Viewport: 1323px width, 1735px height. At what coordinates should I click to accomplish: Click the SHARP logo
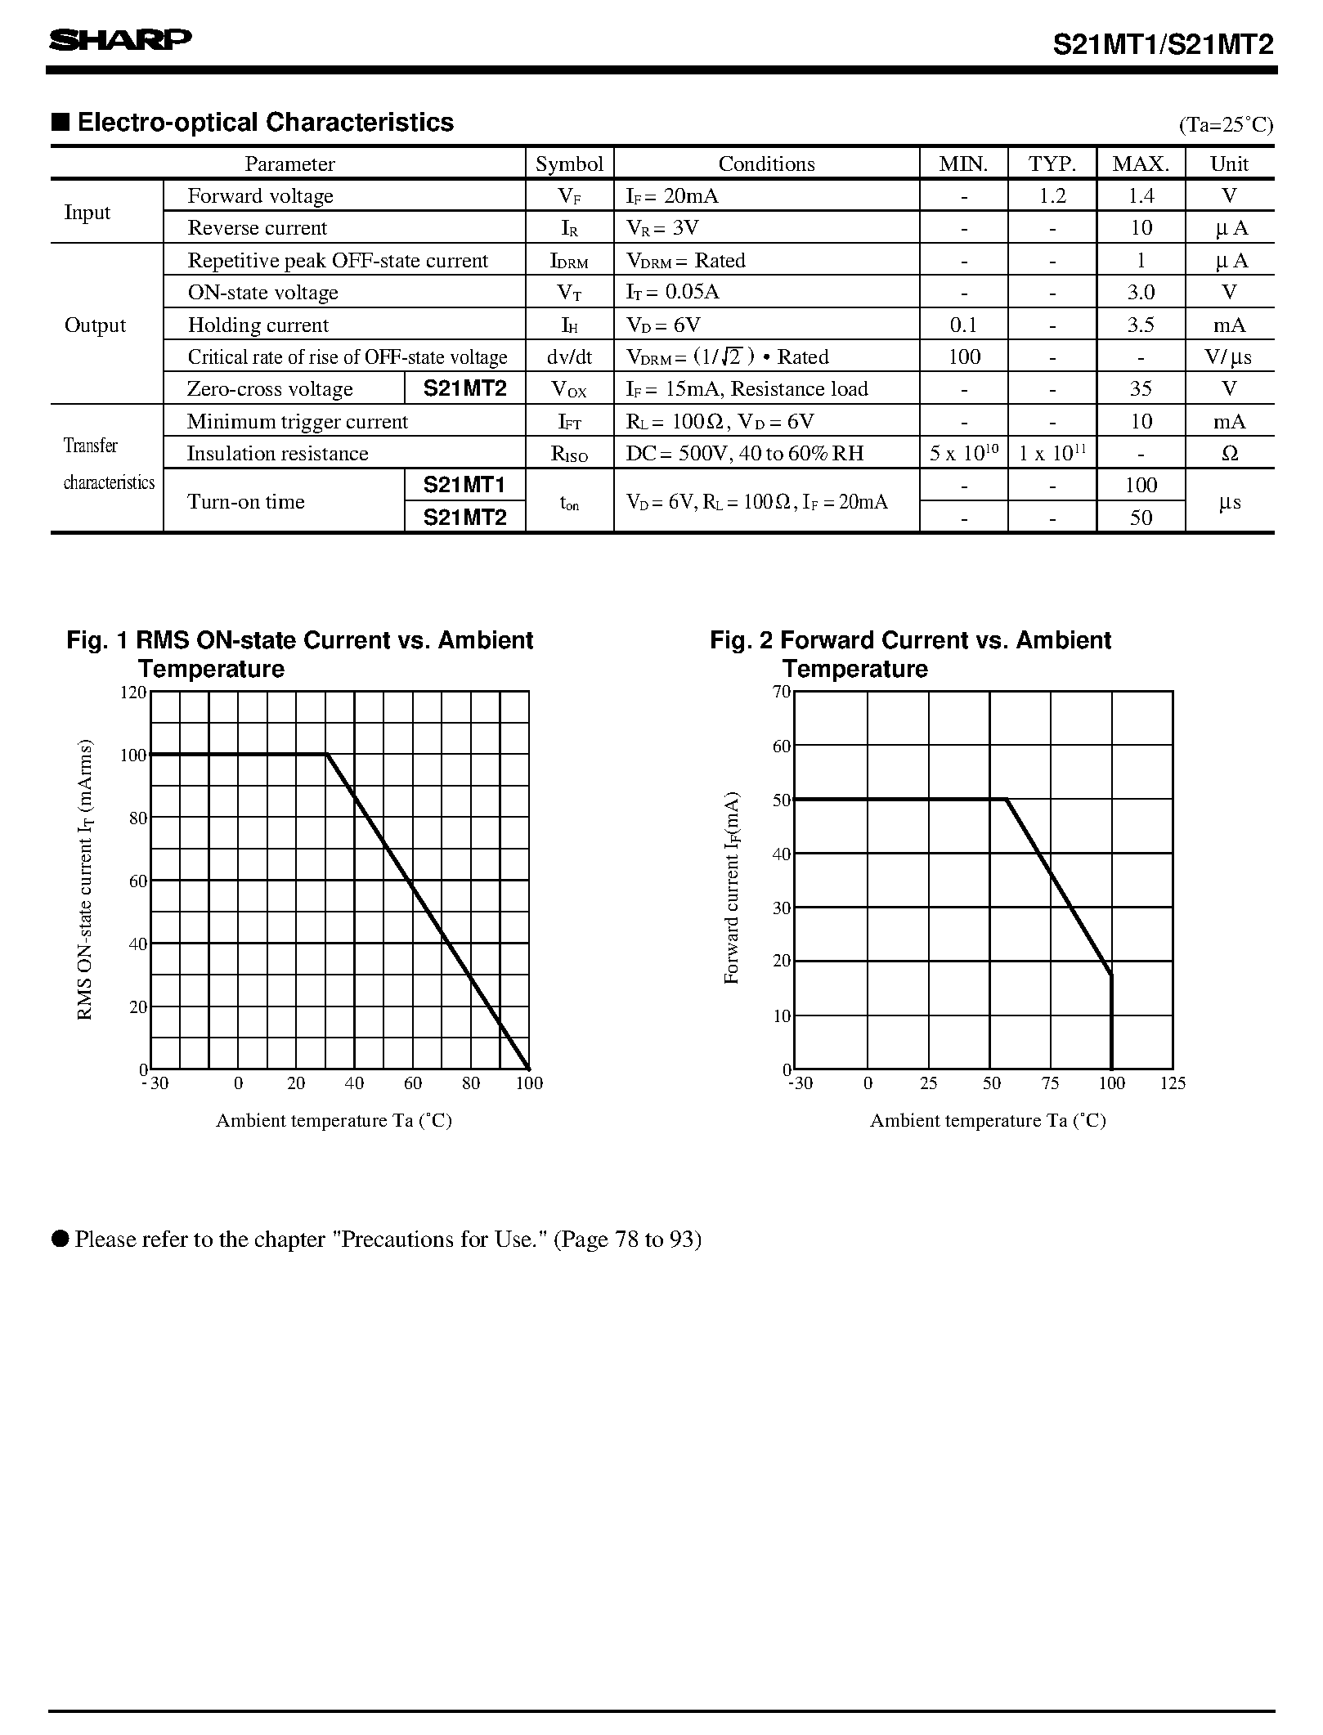pos(120,40)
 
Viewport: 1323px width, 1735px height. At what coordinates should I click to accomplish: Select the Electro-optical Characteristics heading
pos(264,123)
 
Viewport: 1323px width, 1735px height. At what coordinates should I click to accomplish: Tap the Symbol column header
pos(569,164)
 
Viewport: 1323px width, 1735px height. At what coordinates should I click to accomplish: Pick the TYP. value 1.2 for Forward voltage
pos(1052,196)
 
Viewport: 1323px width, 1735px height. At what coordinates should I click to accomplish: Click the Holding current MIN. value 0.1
pos(963,325)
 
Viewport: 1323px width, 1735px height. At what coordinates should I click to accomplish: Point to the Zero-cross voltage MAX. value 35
pos(1141,389)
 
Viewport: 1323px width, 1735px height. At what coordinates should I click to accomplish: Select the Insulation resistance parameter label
pos(277,454)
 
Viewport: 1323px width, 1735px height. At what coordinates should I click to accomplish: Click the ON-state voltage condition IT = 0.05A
pos(673,293)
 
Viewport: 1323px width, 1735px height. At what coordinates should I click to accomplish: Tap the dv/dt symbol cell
pos(569,357)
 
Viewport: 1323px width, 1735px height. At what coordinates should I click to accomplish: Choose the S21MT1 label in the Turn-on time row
pos(464,485)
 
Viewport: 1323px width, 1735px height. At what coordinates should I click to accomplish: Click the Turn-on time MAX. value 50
pos(1141,518)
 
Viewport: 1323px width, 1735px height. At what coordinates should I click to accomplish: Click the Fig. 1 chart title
pos(299,654)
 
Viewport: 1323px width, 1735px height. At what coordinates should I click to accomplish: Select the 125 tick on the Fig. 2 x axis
pos(1173,1083)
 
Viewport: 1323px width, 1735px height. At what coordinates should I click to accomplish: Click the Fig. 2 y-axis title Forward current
pos(732,887)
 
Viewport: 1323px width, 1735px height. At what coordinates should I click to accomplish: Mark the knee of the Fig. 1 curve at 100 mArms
pos(326,755)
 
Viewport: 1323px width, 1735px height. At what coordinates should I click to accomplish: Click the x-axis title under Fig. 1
pos(334,1121)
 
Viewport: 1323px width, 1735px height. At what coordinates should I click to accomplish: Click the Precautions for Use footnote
pos(388,1240)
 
